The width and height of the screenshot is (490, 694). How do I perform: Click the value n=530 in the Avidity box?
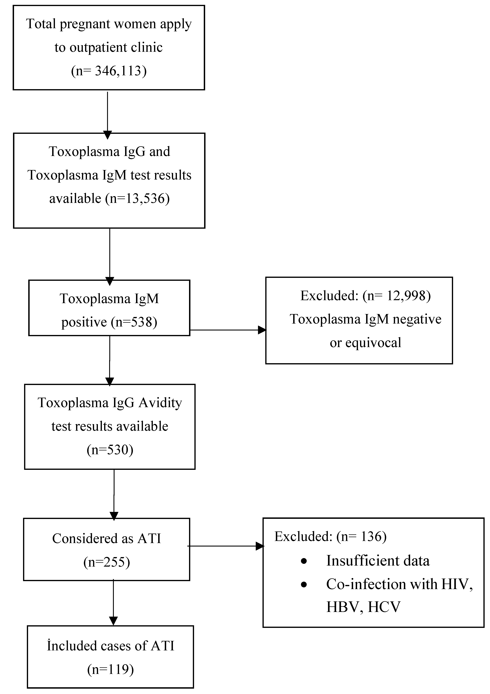point(110,450)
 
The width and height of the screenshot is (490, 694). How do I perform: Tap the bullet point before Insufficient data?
point(304,561)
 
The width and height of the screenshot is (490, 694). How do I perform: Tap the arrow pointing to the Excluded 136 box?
point(260,546)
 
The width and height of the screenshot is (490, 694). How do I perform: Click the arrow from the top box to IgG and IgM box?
point(108,135)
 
